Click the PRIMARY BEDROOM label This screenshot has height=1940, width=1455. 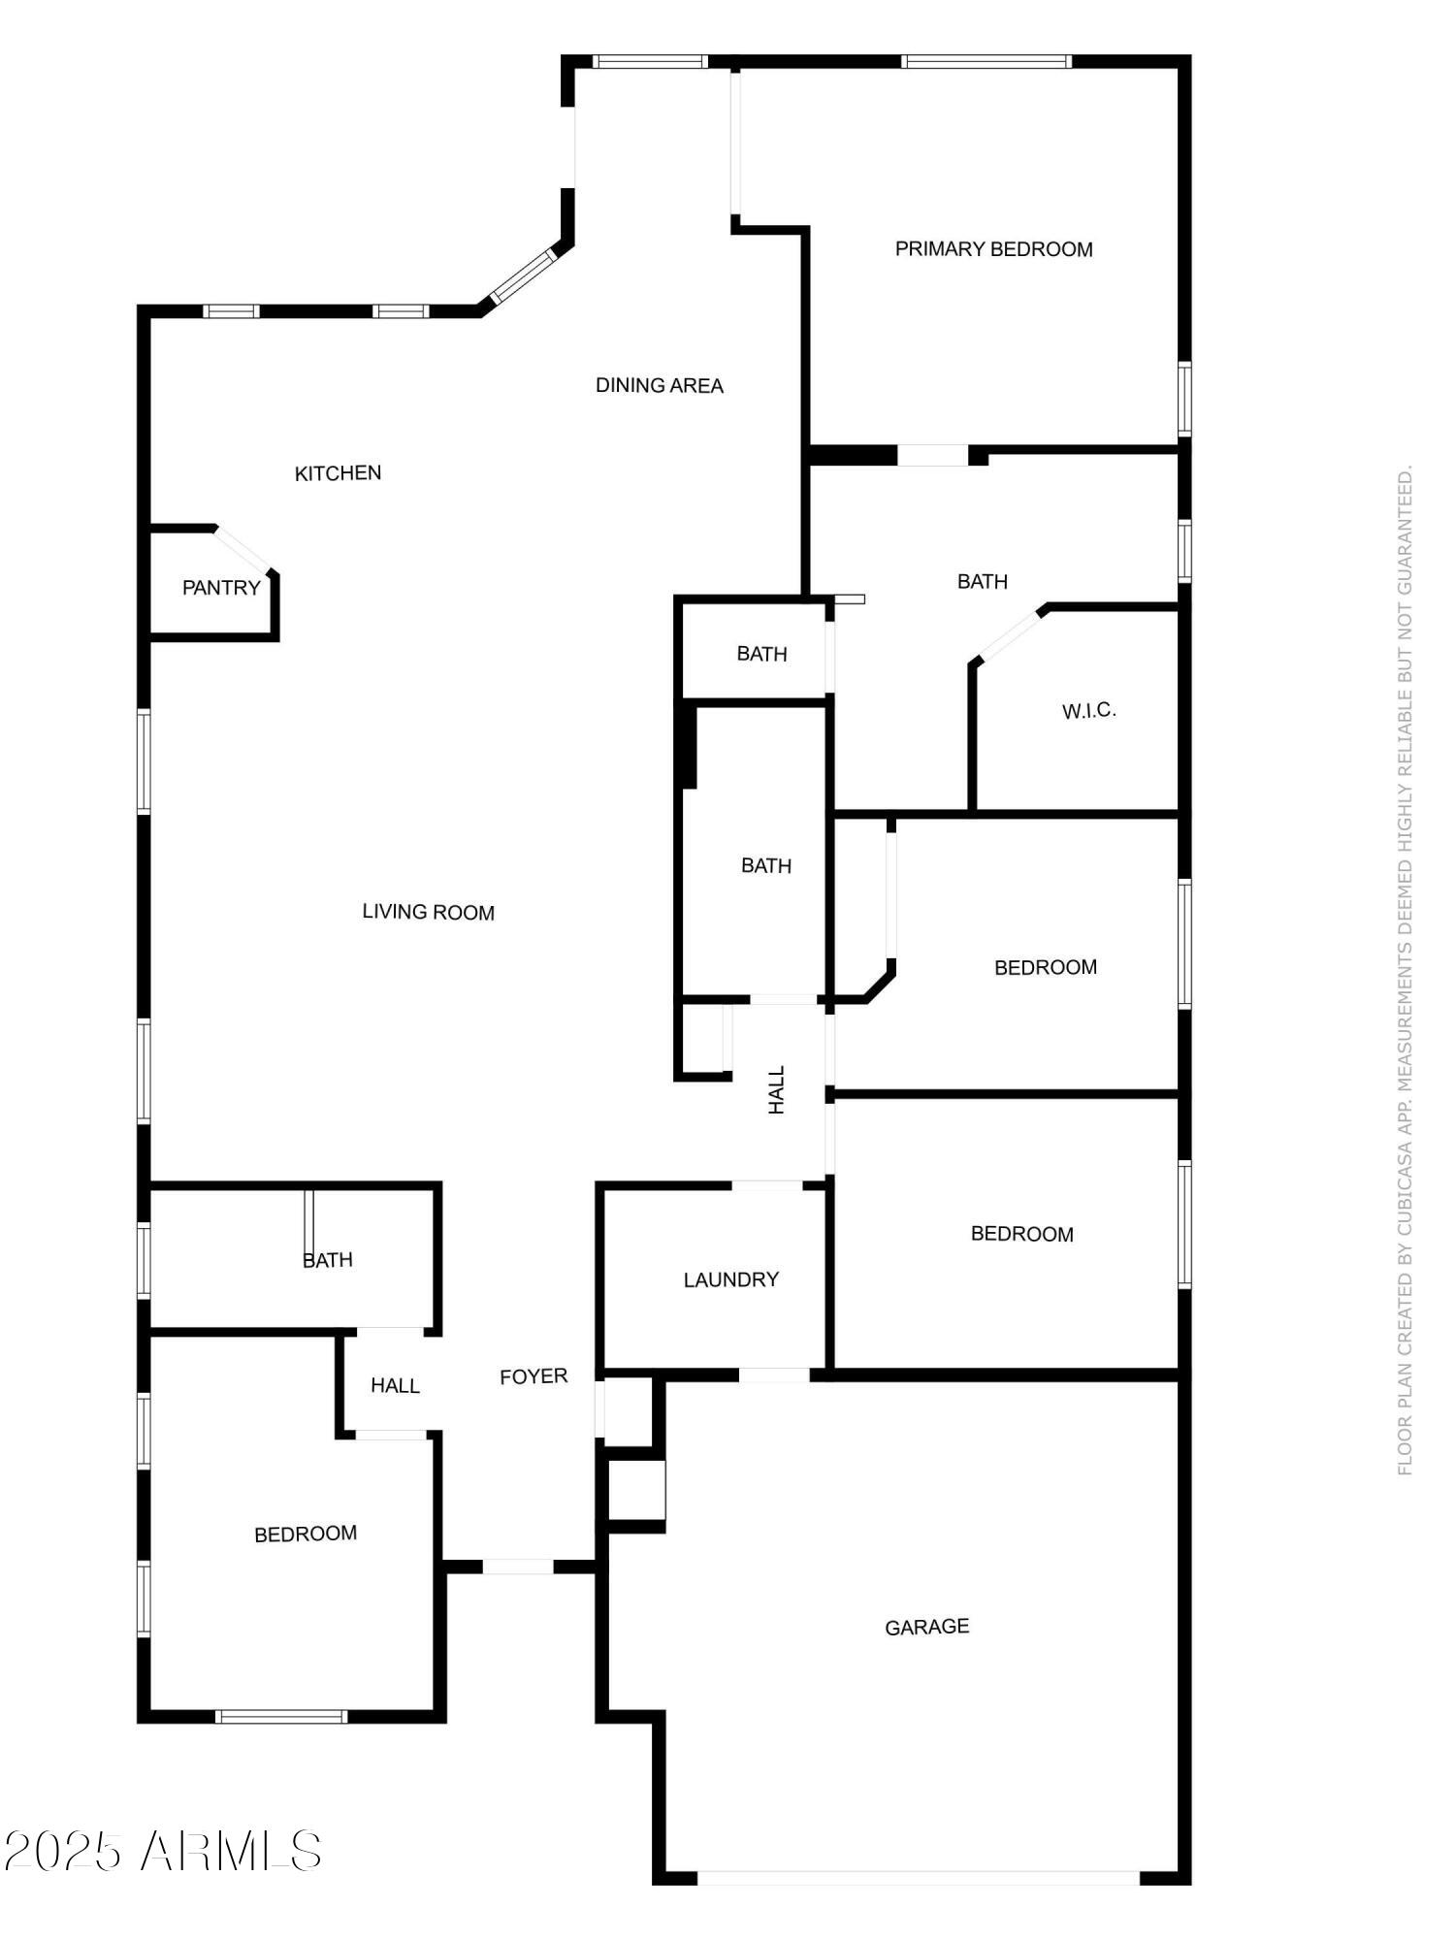coord(993,249)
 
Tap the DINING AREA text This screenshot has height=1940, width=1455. coord(659,385)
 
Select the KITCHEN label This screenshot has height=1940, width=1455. coord(338,473)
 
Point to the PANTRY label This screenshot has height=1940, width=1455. coord(221,588)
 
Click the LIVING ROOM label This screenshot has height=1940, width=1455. coord(428,912)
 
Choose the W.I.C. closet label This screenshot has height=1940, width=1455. coord(1088,711)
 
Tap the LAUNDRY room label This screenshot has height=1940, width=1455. coord(730,1279)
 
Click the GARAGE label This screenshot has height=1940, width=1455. coord(926,1627)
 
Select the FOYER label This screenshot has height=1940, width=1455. coord(533,1376)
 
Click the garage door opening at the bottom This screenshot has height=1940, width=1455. coord(918,1878)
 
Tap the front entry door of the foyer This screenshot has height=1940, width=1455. coord(517,1567)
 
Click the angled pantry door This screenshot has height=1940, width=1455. coord(244,550)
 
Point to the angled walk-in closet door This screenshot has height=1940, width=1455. coord(1010,635)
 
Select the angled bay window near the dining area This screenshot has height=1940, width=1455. coord(522,275)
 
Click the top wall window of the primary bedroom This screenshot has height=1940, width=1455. coord(986,62)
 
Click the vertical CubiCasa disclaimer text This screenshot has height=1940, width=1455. coord(1405,970)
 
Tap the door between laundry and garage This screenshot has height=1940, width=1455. coord(773,1374)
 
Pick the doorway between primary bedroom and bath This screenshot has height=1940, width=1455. coord(931,454)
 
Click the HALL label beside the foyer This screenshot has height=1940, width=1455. coord(395,1386)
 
